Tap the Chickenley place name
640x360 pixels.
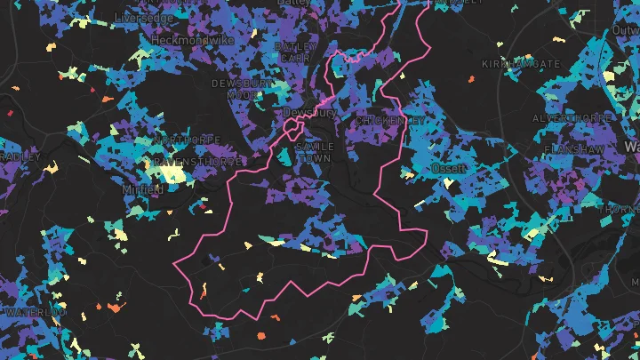[390, 120]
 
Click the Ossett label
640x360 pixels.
[447, 167]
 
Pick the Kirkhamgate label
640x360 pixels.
[521, 65]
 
